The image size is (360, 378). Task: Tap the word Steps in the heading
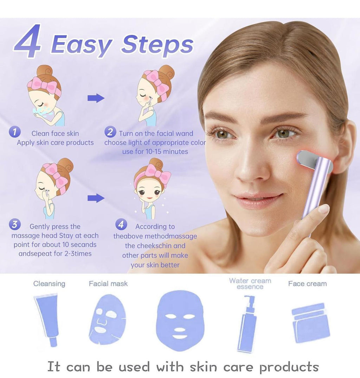pos(157,45)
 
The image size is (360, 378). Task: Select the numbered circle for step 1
pos(14,132)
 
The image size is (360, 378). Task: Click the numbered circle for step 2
pos(110,132)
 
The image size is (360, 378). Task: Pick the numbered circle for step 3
pos(15,224)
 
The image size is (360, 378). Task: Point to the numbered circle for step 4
pos(121,224)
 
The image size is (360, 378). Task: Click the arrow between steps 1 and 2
pos(96,98)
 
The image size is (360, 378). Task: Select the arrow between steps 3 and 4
pos(96,198)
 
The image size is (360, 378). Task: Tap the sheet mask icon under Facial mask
pos(107,320)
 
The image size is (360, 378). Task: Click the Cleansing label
pos(49,284)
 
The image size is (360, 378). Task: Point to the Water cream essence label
pos(250,284)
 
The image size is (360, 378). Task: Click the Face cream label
pos(308,284)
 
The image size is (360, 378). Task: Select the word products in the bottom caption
pos(289,367)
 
